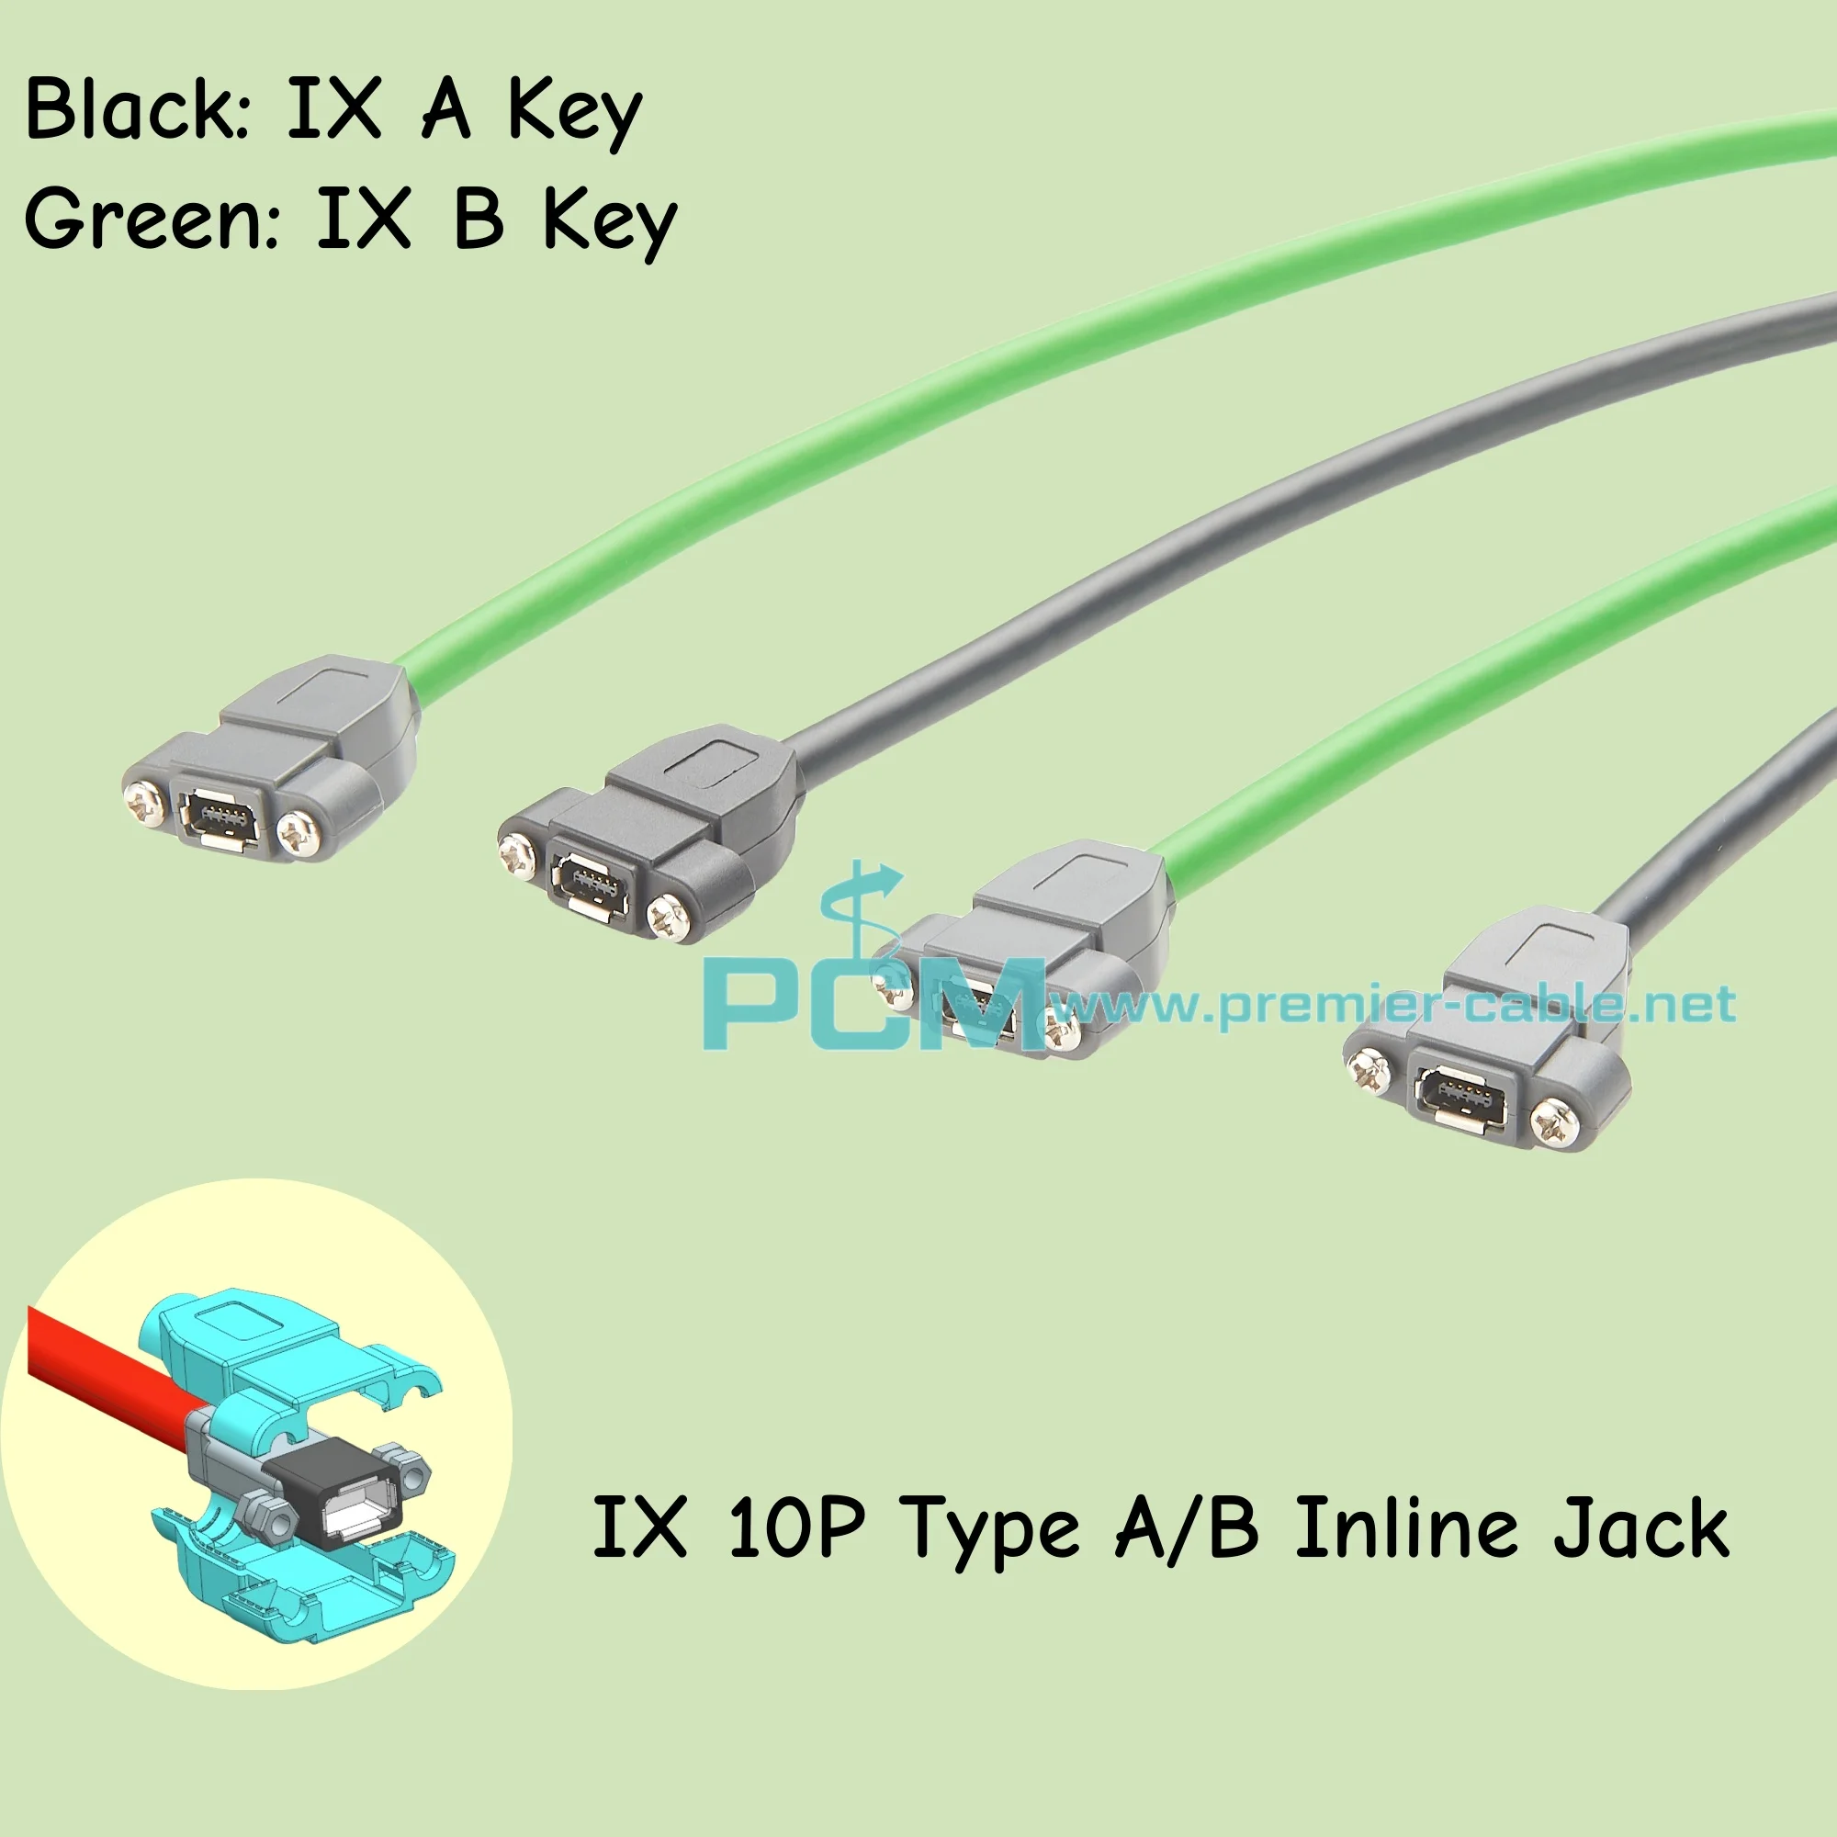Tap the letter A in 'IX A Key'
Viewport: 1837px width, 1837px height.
tap(445, 111)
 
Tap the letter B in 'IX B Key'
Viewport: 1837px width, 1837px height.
tap(479, 220)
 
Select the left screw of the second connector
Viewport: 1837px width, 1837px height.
tap(519, 852)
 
